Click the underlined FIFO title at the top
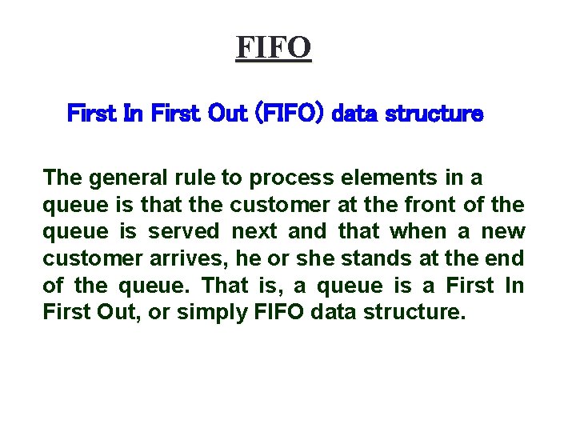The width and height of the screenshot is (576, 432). coord(273,48)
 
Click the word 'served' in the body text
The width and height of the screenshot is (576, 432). coord(182,232)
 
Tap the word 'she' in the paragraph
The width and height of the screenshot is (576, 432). coord(291,259)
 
